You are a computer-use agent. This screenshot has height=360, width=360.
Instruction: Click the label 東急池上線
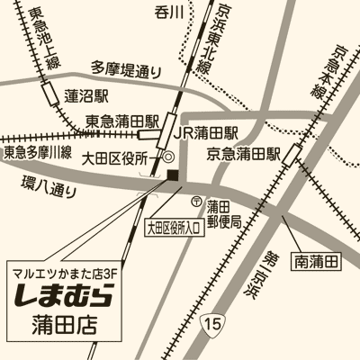pyautogui.click(x=45, y=39)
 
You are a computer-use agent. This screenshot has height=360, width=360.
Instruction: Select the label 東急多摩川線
pyautogui.click(x=38, y=152)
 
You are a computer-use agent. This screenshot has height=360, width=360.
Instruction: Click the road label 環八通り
pyautogui.click(x=49, y=189)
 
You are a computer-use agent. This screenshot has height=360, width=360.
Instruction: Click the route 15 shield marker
pyautogui.click(x=210, y=321)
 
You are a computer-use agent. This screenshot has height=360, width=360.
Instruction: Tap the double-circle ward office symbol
pyautogui.click(x=168, y=157)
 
